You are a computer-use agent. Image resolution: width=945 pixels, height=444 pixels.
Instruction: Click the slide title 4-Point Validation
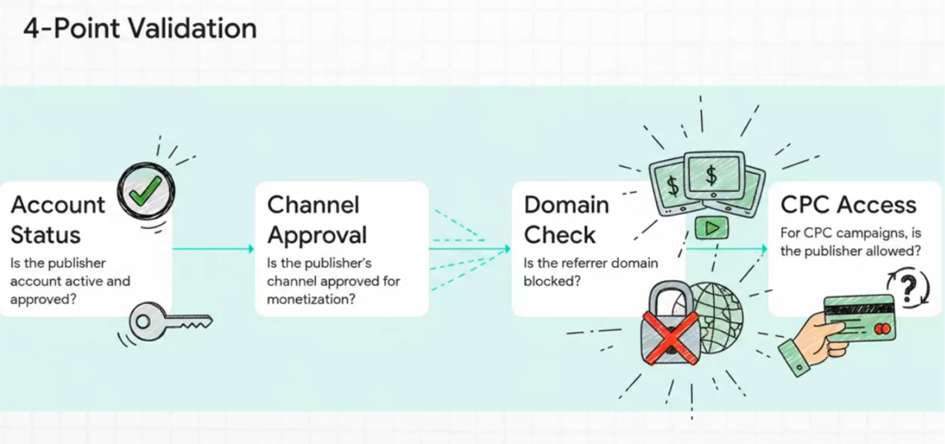pyautogui.click(x=139, y=28)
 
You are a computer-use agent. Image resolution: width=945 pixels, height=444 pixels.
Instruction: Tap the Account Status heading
pyautogui.click(x=57, y=220)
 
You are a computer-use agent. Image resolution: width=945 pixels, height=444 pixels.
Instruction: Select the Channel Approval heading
pyautogui.click(x=317, y=220)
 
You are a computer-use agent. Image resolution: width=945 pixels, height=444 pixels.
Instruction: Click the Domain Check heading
pyautogui.click(x=566, y=220)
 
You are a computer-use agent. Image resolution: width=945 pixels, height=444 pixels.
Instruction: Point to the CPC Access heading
pyautogui.click(x=848, y=205)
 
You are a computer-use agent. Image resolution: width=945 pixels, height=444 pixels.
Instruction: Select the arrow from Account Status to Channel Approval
pyautogui.click(x=213, y=249)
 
